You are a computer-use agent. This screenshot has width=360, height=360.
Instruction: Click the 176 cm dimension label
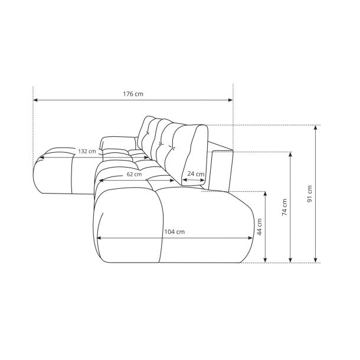pos(133,94)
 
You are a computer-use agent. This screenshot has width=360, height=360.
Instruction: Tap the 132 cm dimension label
pos(87,151)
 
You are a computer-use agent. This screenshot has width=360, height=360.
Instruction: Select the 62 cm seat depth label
pos(135,174)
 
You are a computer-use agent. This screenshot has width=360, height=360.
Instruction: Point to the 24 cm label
pos(196,174)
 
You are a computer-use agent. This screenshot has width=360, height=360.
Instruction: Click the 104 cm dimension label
pos(175,232)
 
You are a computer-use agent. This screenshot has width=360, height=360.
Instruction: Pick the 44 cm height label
pos(260,227)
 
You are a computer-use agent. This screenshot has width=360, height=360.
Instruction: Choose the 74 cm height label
pos(284,207)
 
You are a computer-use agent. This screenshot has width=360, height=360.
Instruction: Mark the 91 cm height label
pos(310,194)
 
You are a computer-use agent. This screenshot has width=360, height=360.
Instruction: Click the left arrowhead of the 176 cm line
pos(35,100)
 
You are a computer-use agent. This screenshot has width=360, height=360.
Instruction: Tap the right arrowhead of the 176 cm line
pos(231,100)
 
